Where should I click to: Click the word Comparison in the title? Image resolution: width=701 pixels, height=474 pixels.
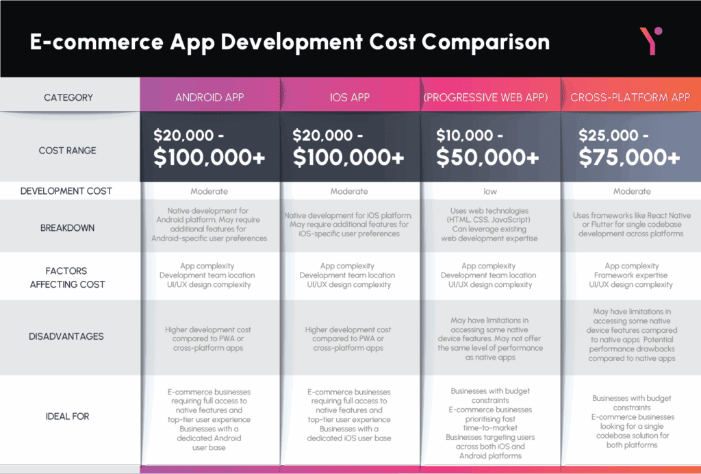coord(485,42)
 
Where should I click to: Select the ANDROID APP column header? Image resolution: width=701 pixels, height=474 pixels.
coord(209,97)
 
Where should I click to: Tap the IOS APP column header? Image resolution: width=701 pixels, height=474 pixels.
coord(350,97)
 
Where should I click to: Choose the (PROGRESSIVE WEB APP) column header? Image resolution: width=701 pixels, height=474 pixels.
coord(486,97)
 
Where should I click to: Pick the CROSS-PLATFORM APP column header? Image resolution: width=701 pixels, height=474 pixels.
coord(630,97)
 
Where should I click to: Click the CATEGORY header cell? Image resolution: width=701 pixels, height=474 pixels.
coord(68,97)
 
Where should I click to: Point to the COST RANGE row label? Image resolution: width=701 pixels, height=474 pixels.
coord(68,151)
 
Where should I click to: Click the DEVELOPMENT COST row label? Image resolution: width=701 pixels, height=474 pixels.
coord(66,191)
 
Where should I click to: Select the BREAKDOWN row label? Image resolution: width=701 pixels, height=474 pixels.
coord(68,228)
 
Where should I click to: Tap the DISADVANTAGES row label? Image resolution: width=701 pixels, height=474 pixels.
coord(66,336)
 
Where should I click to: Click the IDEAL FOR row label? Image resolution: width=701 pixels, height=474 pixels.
coord(68,416)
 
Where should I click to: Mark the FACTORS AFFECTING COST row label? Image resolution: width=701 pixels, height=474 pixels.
coord(67,277)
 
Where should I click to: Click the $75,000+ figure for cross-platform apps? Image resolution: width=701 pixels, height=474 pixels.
coord(630,158)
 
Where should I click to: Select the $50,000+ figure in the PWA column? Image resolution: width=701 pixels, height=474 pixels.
coord(487,158)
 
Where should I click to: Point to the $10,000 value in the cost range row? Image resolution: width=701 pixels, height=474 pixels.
coord(465,135)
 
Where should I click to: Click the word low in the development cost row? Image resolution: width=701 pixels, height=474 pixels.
coord(490,191)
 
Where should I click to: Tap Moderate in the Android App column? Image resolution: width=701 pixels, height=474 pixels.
coord(209,191)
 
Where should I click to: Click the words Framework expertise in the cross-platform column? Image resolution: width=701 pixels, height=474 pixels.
coord(630,275)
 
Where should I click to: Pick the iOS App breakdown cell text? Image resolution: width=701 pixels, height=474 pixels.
coord(348,225)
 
